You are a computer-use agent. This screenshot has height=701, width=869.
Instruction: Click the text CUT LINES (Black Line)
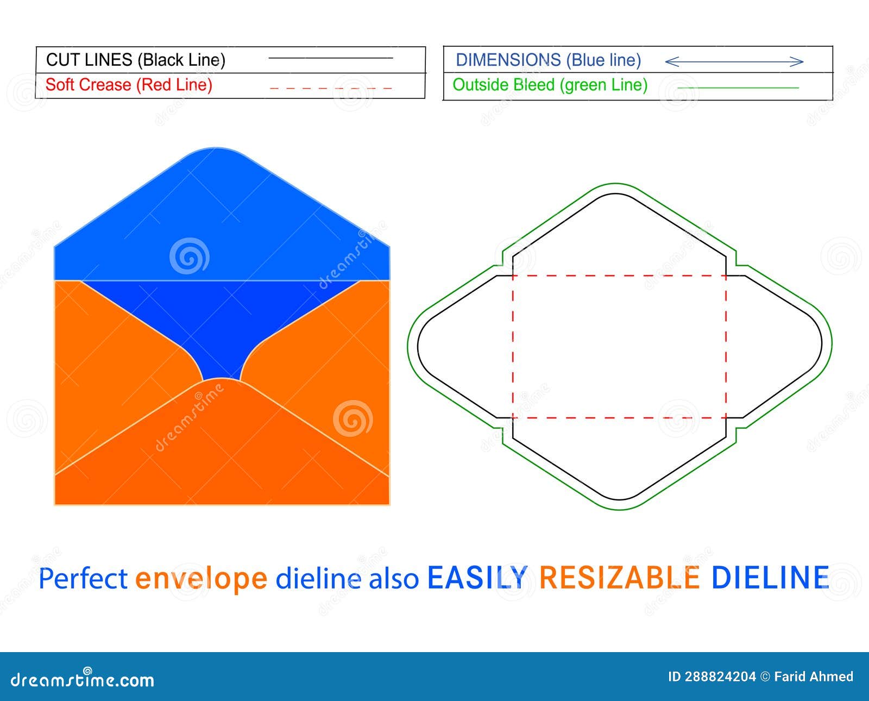135,60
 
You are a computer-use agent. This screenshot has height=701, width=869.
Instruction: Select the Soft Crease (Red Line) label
129,85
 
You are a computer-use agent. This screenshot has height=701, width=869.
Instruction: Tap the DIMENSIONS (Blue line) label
548,60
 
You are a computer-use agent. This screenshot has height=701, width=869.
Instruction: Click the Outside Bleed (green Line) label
550,85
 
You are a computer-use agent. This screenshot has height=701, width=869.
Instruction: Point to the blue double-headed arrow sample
734,61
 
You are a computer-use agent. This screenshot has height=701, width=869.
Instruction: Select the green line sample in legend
738,87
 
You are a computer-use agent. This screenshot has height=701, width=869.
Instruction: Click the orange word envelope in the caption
201,578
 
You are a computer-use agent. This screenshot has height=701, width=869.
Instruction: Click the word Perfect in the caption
83,578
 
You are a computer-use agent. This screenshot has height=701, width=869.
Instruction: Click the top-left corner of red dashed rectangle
513,276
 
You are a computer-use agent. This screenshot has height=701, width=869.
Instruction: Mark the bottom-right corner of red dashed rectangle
726,418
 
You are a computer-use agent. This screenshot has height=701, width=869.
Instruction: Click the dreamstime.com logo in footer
83,679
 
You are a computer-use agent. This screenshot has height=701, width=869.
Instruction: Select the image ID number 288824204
720,677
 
